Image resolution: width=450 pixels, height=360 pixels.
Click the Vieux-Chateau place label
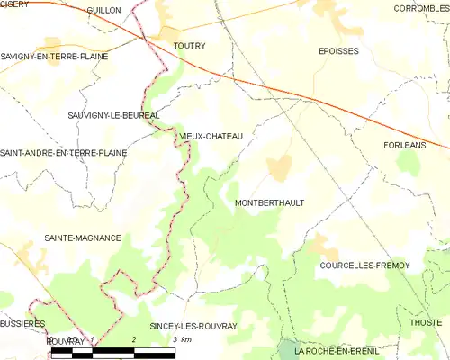point(211,136)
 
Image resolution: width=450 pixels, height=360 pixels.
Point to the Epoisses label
point(338,51)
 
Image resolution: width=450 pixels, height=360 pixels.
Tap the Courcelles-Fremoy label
point(364,265)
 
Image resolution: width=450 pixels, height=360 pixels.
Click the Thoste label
point(426,322)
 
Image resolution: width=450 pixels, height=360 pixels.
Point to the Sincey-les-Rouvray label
point(187,326)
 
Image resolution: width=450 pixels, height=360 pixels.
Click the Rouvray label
point(66,342)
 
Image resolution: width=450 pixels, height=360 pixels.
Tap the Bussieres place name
point(22,322)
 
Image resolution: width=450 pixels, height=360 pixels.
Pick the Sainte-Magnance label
point(83,238)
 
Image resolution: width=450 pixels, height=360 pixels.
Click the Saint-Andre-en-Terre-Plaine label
point(63,153)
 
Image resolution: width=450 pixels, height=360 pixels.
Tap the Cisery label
point(14,4)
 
